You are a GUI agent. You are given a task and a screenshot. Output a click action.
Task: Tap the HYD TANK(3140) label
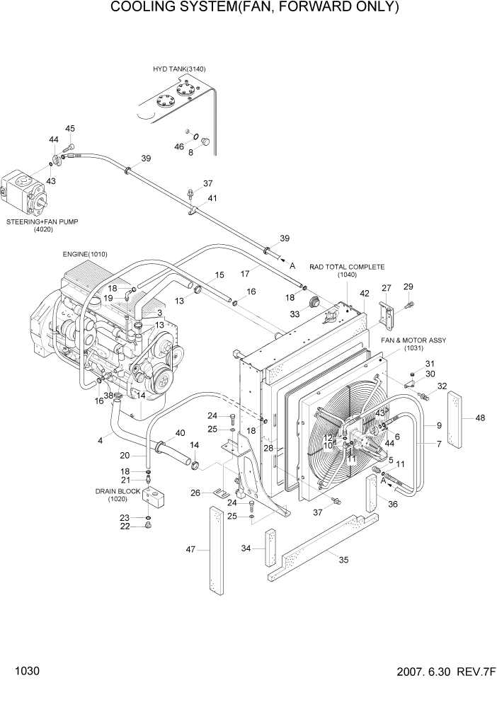click(x=179, y=69)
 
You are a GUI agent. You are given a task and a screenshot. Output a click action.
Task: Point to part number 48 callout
click(x=480, y=418)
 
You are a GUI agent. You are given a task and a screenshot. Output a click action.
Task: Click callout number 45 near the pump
click(x=70, y=129)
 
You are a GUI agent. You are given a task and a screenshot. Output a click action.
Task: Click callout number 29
click(x=408, y=286)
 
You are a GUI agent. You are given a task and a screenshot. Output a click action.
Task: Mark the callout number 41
click(x=212, y=198)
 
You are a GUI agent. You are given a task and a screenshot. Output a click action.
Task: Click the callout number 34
click(x=246, y=548)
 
